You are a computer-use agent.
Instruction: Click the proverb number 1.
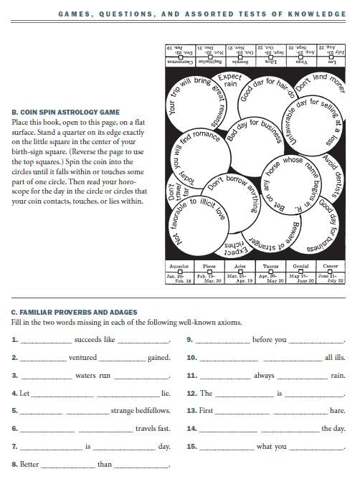pyautogui.click(x=15, y=340)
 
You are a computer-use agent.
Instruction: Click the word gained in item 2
pyautogui.click(x=158, y=358)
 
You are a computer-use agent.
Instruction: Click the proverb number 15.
pyautogui.click(x=191, y=447)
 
